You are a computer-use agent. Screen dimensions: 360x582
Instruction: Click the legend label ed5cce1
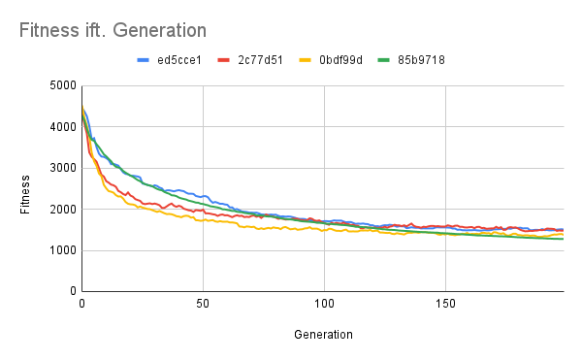179,59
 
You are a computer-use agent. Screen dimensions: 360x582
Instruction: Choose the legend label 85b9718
425,59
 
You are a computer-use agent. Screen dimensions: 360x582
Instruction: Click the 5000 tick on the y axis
61,85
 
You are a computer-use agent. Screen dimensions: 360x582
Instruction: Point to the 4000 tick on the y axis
61,127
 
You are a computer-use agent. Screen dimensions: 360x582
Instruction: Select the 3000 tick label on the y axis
61,168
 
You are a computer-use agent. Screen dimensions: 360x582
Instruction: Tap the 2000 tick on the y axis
61,209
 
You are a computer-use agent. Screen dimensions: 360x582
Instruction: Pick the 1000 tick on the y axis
61,250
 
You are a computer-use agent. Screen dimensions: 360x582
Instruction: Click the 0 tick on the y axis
71,291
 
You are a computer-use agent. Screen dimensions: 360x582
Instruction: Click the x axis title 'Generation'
323,335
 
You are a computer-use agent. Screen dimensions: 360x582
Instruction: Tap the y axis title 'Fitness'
27,188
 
